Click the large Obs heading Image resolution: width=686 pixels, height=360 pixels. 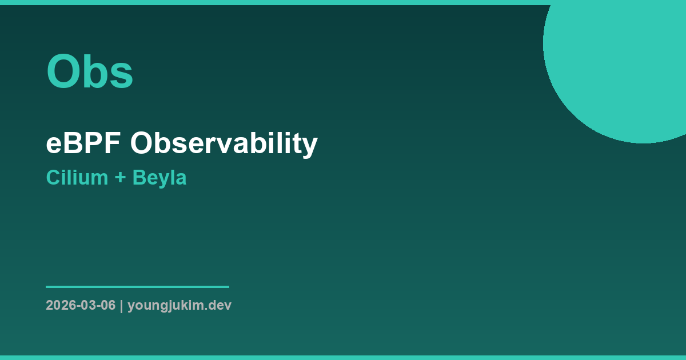click(90, 72)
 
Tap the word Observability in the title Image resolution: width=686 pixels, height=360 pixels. click(224, 143)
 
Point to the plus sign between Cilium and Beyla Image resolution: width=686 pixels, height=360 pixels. click(120, 178)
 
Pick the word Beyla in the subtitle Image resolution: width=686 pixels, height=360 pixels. click(159, 178)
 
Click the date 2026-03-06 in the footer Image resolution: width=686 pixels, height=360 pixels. click(81, 305)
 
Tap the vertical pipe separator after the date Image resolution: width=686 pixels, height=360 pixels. click(121, 305)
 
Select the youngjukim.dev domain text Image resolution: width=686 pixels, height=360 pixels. click(180, 305)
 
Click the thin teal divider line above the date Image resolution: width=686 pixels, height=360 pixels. click(137, 287)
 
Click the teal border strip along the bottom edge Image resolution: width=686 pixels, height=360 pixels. click(343, 357)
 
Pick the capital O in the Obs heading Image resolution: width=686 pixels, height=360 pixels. click(63, 72)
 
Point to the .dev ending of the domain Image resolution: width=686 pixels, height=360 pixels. click(220, 305)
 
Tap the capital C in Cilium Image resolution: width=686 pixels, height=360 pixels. click(53, 178)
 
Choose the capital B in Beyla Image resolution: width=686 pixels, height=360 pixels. click(138, 178)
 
